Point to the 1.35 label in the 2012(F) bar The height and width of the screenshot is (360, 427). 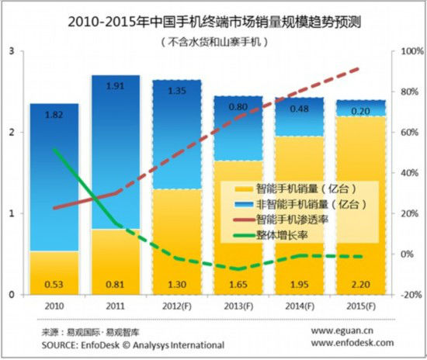[x=176, y=90]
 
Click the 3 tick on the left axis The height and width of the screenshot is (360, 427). [x=11, y=51]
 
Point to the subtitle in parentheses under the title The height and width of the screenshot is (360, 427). [x=213, y=40]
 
